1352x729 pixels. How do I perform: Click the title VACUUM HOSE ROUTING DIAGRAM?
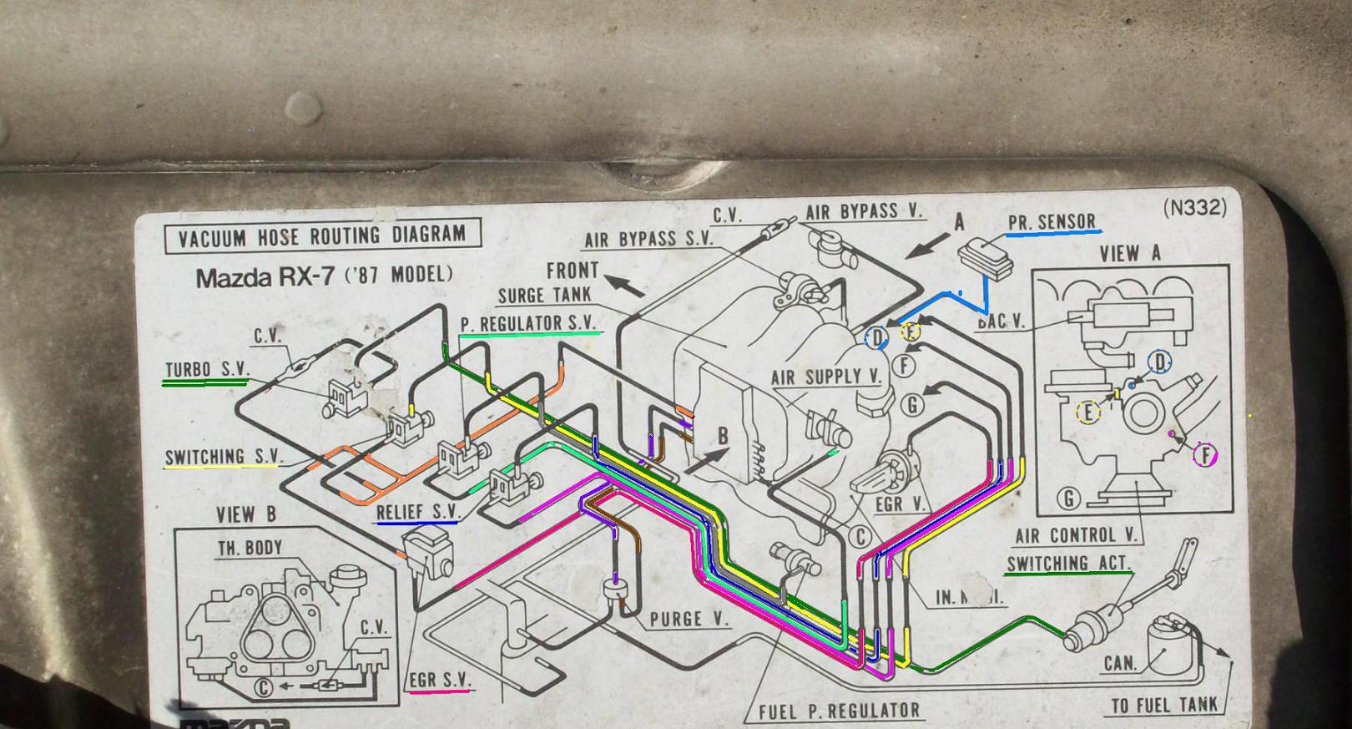(x=322, y=235)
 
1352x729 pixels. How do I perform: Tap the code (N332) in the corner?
(x=1196, y=208)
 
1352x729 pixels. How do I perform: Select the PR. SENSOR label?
(x=1052, y=222)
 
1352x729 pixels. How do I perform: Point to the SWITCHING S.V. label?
(x=223, y=457)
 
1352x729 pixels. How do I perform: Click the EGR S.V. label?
(x=440, y=680)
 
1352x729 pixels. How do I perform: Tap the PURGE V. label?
(x=689, y=619)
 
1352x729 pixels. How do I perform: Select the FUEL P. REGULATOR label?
(x=839, y=711)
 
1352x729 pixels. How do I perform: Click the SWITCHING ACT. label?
(x=1067, y=564)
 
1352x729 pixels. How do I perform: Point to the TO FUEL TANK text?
(x=1163, y=705)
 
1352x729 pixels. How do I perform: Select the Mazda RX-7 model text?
(x=324, y=276)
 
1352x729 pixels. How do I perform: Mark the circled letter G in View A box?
(x=1068, y=499)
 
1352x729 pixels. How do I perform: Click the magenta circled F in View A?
(x=1205, y=455)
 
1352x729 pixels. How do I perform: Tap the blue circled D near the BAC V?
(x=876, y=338)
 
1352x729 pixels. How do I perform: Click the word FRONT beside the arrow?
(x=573, y=271)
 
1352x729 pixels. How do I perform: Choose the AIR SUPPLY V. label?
(x=825, y=377)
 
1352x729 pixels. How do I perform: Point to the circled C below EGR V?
(x=860, y=537)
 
